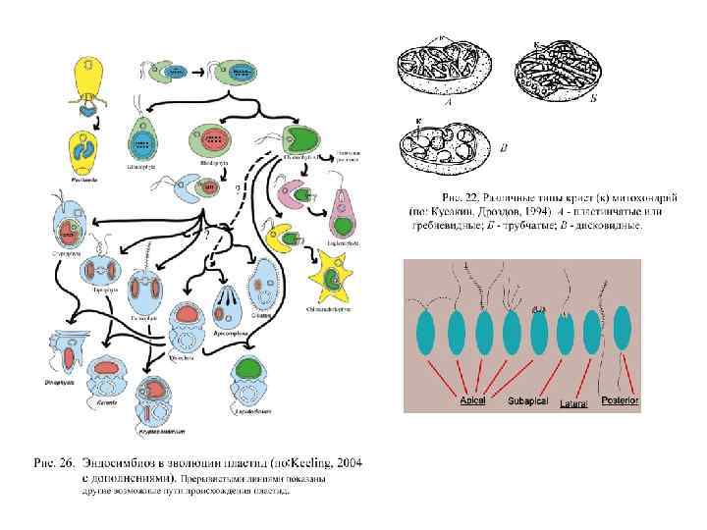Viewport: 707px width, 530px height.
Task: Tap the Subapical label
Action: pyautogui.click(x=528, y=400)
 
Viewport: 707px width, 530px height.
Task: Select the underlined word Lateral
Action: pyautogui.click(x=574, y=402)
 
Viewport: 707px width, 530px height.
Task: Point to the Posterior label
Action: pyautogui.click(x=620, y=400)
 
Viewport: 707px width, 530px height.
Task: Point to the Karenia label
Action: pyautogui.click(x=107, y=402)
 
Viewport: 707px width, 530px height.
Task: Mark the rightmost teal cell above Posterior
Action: pyautogui.click(x=622, y=331)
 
